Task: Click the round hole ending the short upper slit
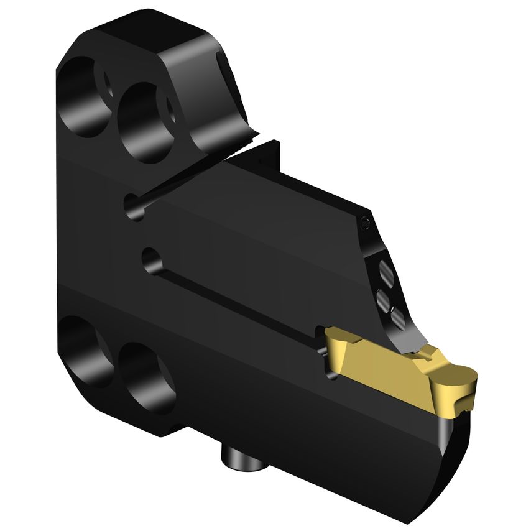(132, 205)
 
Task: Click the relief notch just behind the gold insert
(323, 354)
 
